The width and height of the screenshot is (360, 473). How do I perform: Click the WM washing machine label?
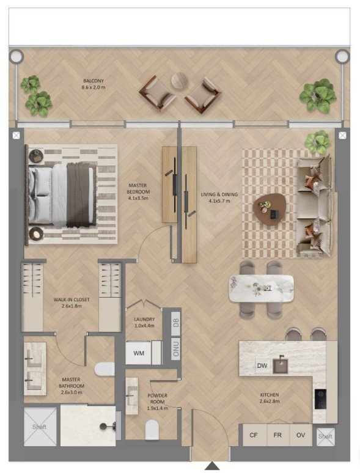(x=139, y=353)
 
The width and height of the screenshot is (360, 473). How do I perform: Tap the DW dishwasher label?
(x=262, y=365)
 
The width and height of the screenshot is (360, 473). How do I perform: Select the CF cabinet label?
(x=254, y=435)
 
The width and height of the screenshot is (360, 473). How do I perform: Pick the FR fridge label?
(x=277, y=435)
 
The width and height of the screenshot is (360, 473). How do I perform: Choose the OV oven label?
(x=301, y=435)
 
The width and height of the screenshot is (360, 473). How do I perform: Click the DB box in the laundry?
(x=176, y=323)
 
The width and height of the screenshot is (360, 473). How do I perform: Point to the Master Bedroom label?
(x=138, y=192)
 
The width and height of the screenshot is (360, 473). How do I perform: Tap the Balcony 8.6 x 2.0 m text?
(x=94, y=84)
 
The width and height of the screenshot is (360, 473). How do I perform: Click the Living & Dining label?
(x=219, y=197)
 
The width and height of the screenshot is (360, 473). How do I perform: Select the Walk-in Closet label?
(x=72, y=302)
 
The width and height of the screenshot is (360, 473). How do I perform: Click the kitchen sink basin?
(x=281, y=365)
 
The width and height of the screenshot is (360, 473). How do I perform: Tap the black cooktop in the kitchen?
(x=320, y=399)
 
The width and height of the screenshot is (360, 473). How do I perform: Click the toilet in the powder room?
(x=152, y=430)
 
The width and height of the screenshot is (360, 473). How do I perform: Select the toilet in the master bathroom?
(x=105, y=369)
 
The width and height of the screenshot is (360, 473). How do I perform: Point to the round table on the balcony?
(x=180, y=81)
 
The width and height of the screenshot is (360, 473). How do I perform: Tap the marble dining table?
(x=262, y=288)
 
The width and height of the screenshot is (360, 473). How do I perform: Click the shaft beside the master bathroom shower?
(x=40, y=427)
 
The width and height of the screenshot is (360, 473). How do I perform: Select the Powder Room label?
(x=157, y=402)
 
